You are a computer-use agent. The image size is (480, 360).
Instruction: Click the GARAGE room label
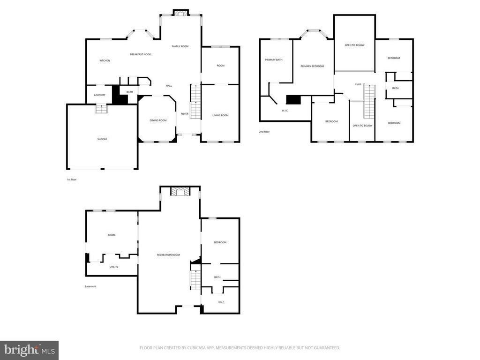pos(102,139)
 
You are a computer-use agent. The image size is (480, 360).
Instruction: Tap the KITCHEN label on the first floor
pos(105,60)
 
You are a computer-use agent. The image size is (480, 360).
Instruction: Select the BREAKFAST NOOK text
pos(141,54)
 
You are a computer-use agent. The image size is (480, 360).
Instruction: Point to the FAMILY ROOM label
pos(180,46)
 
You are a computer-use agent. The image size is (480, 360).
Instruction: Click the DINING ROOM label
pos(158,120)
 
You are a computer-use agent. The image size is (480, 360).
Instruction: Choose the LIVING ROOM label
pos(220,115)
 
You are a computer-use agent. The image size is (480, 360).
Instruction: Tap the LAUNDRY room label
pos(100,95)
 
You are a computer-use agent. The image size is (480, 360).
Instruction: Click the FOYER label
pos(185,114)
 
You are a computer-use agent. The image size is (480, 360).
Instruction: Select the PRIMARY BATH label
pos(274,60)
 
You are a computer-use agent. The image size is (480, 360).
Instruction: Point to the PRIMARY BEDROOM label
pos(312,66)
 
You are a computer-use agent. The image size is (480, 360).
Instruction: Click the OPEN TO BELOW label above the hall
pos(354,45)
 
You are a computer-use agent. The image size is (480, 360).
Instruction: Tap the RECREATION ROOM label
pos(168,255)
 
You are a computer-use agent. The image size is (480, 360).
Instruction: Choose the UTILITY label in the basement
pos(114,267)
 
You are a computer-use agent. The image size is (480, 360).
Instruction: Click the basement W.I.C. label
pos(222,302)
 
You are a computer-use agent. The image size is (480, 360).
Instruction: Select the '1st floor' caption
pos(72,180)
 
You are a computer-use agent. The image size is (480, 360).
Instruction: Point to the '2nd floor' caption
pos(264,132)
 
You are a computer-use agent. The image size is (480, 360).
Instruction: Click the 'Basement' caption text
pos(90,286)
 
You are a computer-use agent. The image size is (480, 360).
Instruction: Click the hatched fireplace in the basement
pos(180,192)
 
